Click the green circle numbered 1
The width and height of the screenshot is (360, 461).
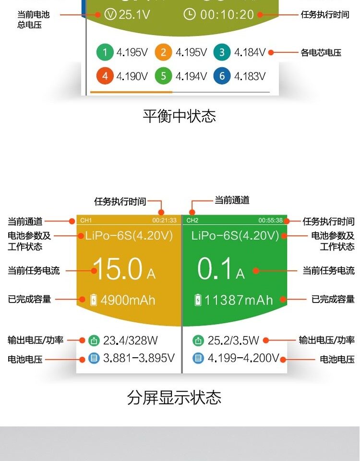105,52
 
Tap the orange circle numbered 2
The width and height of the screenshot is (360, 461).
163,52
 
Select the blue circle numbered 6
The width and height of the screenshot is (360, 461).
222,76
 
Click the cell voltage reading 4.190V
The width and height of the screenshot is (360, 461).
132,76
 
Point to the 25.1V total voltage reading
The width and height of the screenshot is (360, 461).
134,14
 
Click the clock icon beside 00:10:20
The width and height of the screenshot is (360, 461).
190,14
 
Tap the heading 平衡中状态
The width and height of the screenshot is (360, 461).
180,116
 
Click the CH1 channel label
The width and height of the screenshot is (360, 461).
86,220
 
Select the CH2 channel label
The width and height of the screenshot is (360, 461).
192,220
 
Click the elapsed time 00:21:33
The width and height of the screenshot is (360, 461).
165,220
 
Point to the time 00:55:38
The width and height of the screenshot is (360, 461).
271,220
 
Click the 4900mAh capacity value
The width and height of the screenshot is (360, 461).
128,301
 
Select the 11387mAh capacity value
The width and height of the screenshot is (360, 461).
239,301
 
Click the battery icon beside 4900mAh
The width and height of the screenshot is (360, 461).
94,301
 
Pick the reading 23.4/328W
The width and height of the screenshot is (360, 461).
131,341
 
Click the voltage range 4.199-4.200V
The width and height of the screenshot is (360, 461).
243,358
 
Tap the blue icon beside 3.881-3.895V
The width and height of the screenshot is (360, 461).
94,358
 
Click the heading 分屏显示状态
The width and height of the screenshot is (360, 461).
174,398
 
